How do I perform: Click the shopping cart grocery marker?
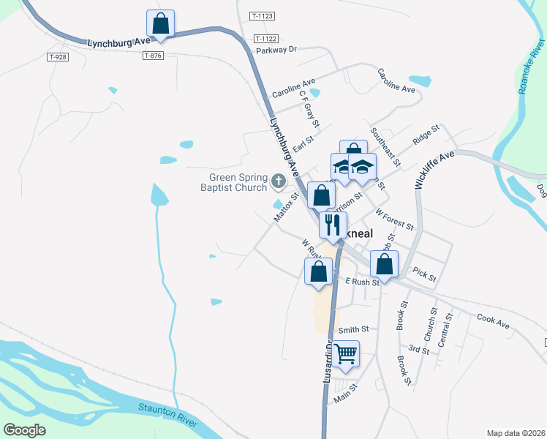tap(347, 354)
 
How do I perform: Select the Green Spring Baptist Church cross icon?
tap(278, 180)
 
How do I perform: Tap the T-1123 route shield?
tap(261, 15)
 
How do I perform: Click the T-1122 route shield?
tap(267, 38)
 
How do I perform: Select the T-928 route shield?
tap(56, 56)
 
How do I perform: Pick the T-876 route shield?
tap(153, 56)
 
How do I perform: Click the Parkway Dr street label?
tap(276, 50)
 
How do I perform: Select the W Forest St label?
tap(395, 217)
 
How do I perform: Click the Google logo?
tap(24, 430)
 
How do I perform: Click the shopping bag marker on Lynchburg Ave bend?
tap(161, 23)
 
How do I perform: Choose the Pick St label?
tap(424, 274)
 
